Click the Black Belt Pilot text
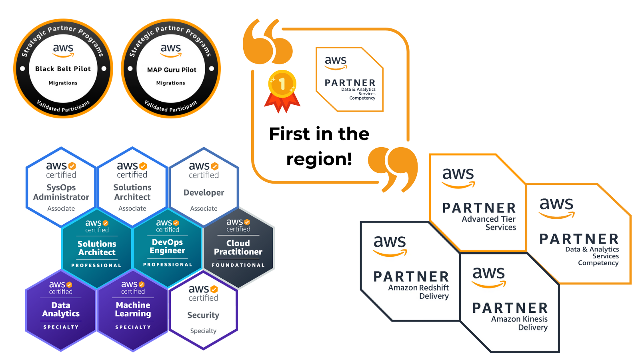click(63, 69)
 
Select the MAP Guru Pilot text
click(172, 70)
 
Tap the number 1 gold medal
click(282, 91)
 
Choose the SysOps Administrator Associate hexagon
click(61, 187)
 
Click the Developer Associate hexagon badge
click(204, 187)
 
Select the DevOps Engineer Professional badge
click(168, 248)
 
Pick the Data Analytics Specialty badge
click(60, 310)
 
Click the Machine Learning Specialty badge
click(133, 310)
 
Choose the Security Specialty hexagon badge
click(204, 310)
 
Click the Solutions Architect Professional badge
click(97, 248)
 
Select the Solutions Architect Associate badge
click(132, 187)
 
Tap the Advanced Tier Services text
click(489, 223)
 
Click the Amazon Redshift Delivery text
click(418, 292)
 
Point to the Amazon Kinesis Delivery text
click(519, 323)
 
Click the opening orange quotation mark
click(268, 42)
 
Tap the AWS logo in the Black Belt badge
click(63, 50)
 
